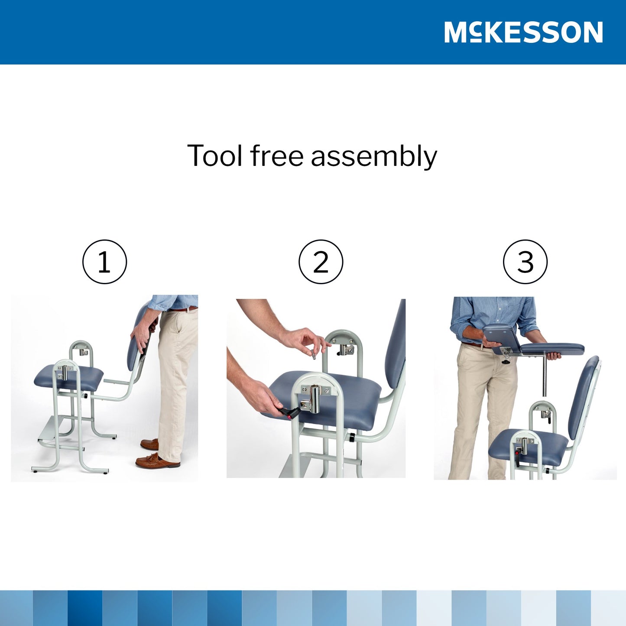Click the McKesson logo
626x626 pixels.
coord(523,32)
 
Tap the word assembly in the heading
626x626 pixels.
coord(374,157)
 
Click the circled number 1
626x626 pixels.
coord(104,262)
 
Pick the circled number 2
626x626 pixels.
coord(321,262)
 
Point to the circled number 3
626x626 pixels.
coord(525,262)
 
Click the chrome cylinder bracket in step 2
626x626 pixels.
coord(315,398)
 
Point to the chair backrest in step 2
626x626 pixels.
coord(396,347)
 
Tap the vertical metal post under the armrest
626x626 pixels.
coord(545,375)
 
